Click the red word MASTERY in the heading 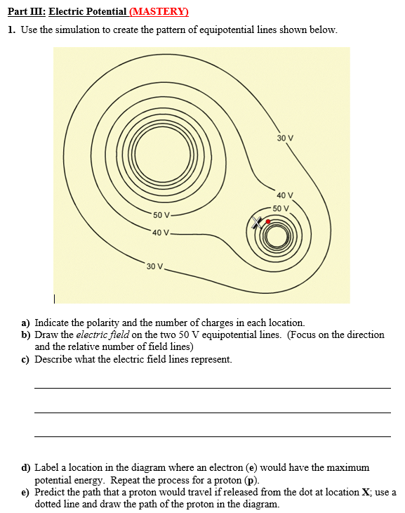pyautogui.click(x=161, y=12)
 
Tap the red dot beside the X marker pyautogui.click(x=268, y=221)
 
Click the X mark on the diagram pyautogui.click(x=258, y=223)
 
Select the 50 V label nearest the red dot pyautogui.click(x=281, y=208)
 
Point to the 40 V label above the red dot pyautogui.click(x=285, y=195)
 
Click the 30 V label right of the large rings pyautogui.click(x=285, y=138)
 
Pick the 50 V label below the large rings pyautogui.click(x=161, y=214)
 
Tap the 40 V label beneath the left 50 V pyautogui.click(x=160, y=233)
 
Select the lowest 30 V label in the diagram pyautogui.click(x=154, y=266)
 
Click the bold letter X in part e pyautogui.click(x=366, y=492)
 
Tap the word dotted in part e pyautogui.click(x=50, y=504)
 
